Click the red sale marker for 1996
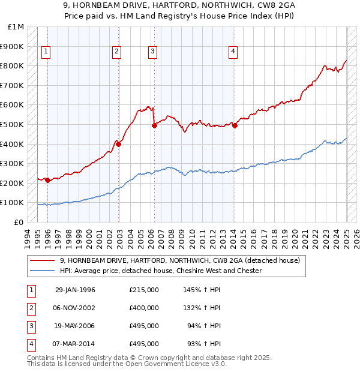click(x=47, y=180)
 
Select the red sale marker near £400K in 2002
click(x=119, y=144)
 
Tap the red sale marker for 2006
click(x=154, y=125)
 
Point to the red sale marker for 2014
click(x=235, y=125)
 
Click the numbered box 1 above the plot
click(x=46, y=52)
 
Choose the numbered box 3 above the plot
click(x=153, y=52)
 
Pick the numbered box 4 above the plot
click(x=232, y=52)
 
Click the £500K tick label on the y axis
click(x=13, y=124)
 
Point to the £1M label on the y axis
click(x=16, y=27)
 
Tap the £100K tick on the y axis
click(x=13, y=203)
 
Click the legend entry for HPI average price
click(x=161, y=271)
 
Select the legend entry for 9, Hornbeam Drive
click(x=175, y=260)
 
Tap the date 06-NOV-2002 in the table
click(x=75, y=308)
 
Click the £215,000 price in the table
click(x=144, y=290)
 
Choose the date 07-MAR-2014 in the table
click(x=75, y=344)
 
